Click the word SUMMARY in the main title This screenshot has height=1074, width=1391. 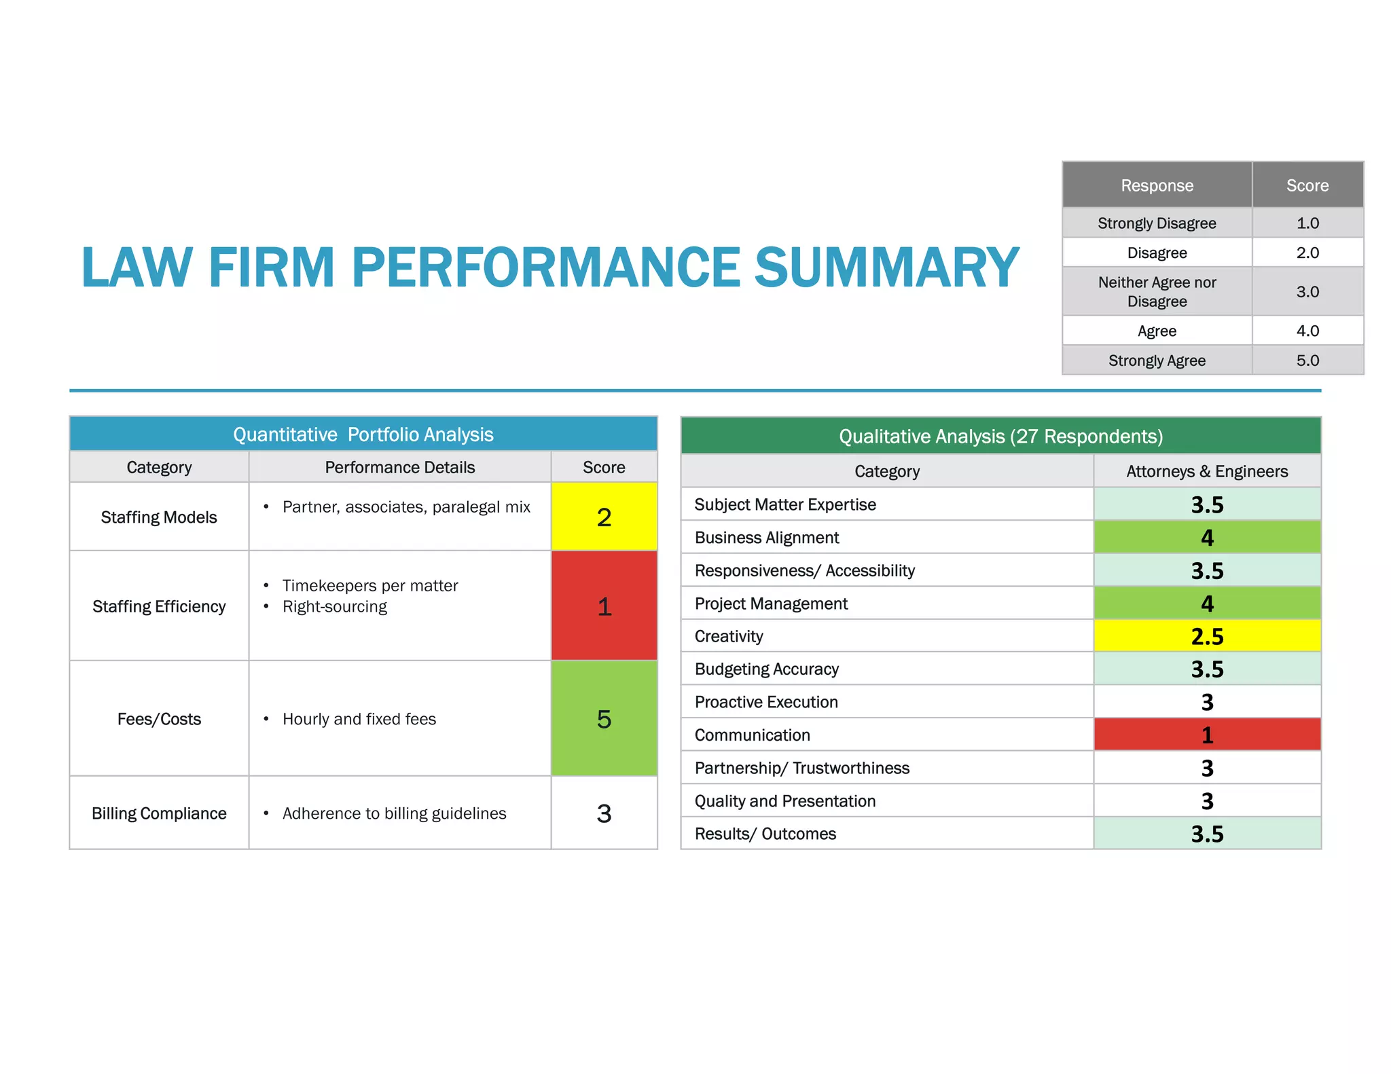(886, 267)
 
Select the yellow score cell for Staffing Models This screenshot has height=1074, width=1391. (604, 517)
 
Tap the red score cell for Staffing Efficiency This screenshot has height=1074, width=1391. (604, 606)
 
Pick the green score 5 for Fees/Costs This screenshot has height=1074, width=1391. (604, 719)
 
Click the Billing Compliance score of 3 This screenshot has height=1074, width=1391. (604, 813)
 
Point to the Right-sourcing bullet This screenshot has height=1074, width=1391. (334, 606)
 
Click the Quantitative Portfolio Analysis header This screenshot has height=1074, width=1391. (363, 434)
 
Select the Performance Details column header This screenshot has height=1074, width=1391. (399, 467)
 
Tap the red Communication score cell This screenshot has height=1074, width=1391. (1207, 735)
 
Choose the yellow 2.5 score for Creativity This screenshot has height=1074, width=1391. (1207, 636)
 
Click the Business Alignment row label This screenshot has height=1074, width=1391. (767, 538)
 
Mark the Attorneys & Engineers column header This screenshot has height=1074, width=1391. (1207, 471)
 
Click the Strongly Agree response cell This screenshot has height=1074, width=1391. (1157, 360)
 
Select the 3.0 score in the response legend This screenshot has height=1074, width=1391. (1307, 292)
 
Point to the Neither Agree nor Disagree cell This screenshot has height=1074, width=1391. (1157, 292)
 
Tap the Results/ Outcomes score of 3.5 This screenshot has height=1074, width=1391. (1207, 834)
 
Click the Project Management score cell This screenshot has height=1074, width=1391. (1207, 604)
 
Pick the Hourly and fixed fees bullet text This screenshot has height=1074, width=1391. (359, 719)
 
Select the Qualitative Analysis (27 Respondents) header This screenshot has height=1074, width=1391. (1000, 436)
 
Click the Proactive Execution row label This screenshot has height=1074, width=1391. (766, 702)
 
